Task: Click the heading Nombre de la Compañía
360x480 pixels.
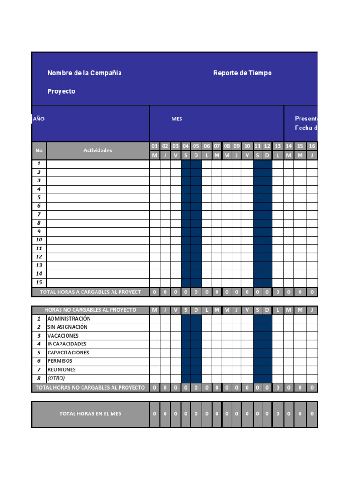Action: click(x=84, y=73)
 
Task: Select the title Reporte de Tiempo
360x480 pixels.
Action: click(x=242, y=73)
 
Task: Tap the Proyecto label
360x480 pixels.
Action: click(x=61, y=91)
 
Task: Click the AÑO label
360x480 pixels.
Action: click(x=38, y=119)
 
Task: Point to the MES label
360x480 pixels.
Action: click(x=177, y=119)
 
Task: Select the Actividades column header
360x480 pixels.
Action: click(x=97, y=150)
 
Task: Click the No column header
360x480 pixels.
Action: click(x=39, y=150)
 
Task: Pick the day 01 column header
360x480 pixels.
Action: click(x=155, y=146)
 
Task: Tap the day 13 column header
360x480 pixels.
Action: click(x=278, y=146)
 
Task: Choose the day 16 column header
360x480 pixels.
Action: click(x=312, y=146)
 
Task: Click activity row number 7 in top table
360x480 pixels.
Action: click(x=39, y=215)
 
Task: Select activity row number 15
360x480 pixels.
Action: click(x=39, y=283)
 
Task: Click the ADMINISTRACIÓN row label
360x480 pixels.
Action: click(x=68, y=319)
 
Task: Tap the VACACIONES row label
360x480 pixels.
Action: click(x=63, y=336)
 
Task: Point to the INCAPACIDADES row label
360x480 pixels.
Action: click(x=67, y=344)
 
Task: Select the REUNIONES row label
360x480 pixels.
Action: click(x=61, y=370)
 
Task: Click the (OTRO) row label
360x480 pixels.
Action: click(x=56, y=378)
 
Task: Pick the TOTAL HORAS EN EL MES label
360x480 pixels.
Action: click(x=90, y=414)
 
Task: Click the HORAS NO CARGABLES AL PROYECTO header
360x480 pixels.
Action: click(x=90, y=310)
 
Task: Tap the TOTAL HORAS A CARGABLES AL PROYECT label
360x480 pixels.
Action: click(x=90, y=292)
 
